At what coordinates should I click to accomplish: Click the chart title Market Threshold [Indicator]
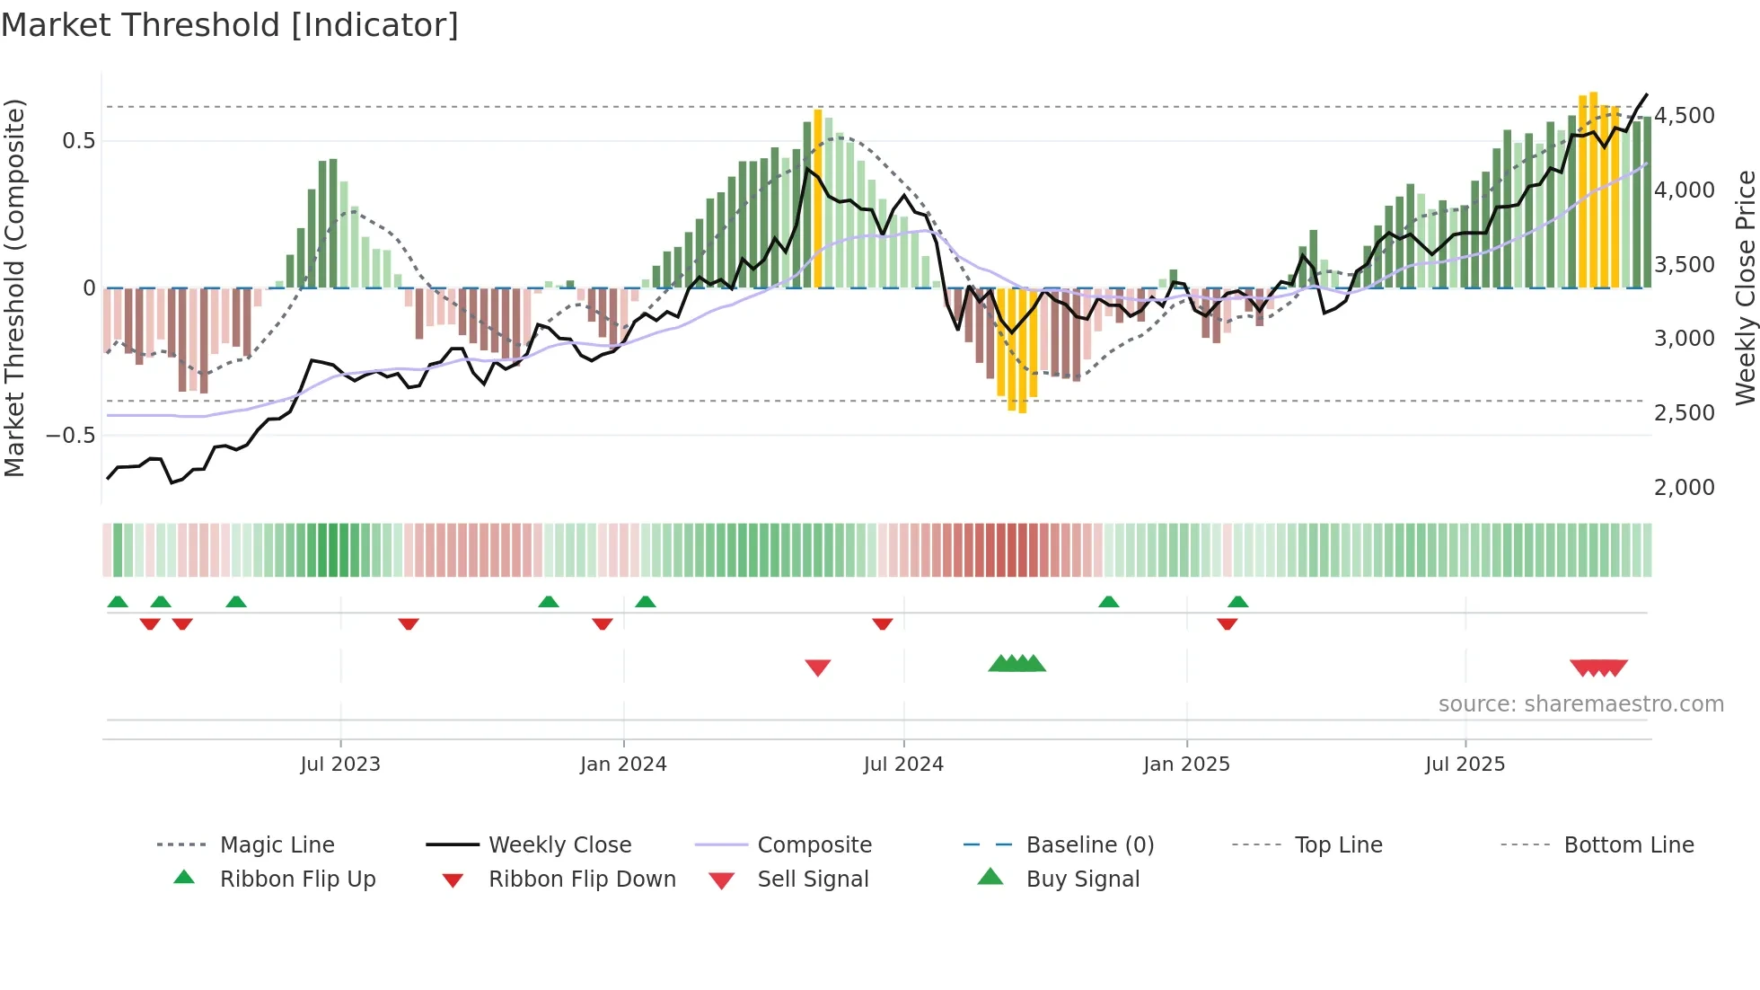click(230, 25)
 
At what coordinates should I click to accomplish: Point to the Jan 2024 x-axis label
click(623, 764)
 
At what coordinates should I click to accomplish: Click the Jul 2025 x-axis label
click(1465, 764)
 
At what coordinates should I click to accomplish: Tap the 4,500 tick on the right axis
click(1685, 116)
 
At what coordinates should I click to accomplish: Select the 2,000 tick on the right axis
click(1685, 488)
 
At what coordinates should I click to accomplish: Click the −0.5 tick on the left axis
click(70, 436)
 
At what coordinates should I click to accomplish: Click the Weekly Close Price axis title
click(1745, 287)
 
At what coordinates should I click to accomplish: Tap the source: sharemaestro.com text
click(1580, 703)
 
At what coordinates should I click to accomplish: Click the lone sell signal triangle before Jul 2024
click(818, 667)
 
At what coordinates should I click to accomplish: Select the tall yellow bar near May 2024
click(818, 199)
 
